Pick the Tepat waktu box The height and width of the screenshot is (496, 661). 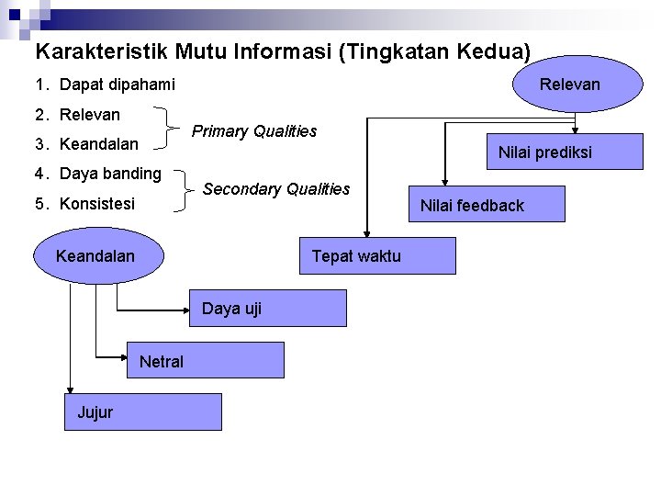tap(377, 255)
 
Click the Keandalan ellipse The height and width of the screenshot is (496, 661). tap(95, 255)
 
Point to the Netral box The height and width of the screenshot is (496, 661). tap(206, 361)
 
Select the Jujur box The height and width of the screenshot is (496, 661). tap(143, 411)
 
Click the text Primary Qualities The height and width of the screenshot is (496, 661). tap(254, 131)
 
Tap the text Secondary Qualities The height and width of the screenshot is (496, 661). tap(276, 189)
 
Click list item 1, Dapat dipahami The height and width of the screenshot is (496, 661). tap(105, 85)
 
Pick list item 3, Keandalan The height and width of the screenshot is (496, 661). tap(87, 144)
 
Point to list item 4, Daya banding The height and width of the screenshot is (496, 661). tap(98, 173)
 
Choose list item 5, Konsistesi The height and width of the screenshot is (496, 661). tap(85, 203)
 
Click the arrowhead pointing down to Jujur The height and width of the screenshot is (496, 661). tap(67, 389)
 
